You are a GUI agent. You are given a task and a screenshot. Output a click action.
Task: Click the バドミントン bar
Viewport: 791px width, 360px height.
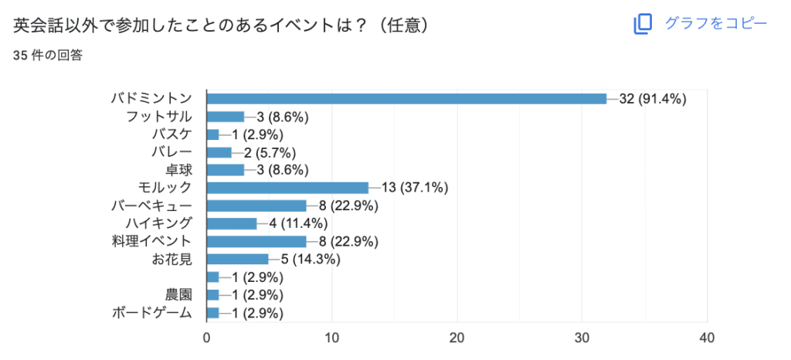click(406, 99)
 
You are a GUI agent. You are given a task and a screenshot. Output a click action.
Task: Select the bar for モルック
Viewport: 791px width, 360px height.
click(287, 188)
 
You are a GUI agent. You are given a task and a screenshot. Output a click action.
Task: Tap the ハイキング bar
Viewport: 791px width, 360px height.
click(232, 223)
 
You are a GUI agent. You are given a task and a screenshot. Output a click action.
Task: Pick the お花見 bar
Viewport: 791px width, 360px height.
click(238, 259)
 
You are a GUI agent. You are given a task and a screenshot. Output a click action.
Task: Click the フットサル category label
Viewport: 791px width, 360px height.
click(159, 117)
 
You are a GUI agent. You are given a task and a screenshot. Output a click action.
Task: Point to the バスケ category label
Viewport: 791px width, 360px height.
click(172, 134)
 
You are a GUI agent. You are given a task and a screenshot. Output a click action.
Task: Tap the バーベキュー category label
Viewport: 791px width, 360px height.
click(152, 205)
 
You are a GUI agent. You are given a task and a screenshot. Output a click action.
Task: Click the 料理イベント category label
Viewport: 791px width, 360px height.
click(152, 241)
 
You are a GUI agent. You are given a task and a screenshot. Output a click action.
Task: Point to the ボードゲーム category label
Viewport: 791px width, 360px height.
click(152, 312)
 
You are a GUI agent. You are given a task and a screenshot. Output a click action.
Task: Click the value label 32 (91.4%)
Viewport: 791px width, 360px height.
click(653, 99)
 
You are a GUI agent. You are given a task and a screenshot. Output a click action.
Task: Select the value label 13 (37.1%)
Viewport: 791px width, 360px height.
click(415, 188)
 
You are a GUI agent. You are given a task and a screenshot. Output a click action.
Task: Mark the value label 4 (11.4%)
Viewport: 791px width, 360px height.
click(299, 223)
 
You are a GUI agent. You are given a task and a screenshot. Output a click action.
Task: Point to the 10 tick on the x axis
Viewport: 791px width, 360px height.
click(332, 338)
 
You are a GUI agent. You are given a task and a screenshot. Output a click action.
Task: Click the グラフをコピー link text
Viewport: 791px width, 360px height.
click(716, 23)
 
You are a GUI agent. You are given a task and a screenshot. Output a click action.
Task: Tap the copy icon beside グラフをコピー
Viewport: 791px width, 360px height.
click(643, 24)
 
